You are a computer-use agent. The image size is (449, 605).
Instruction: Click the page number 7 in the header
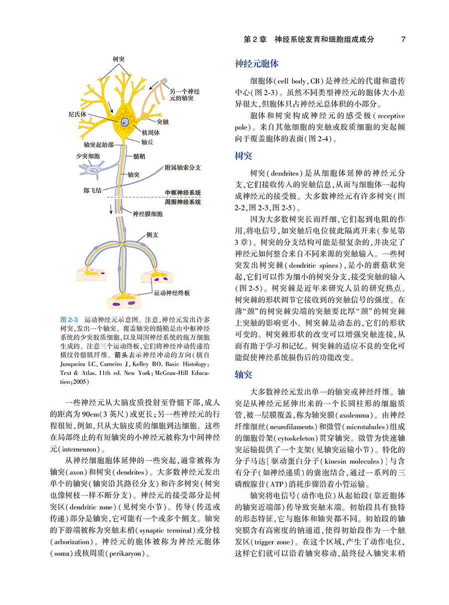pos(403,39)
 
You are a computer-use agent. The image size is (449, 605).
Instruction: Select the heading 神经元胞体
pos(256,63)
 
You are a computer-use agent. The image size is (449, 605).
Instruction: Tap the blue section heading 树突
pos(243,157)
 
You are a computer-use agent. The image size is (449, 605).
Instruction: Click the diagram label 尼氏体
pos(77,114)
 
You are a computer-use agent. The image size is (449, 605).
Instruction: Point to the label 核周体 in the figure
pos(150,133)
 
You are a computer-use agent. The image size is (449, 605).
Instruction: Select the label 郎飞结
pos(92,190)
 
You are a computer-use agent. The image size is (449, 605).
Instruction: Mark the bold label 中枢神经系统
pos(183,193)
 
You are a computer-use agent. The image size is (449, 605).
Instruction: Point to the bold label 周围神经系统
pos(183,202)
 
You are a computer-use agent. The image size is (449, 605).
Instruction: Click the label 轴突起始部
pos(101,145)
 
